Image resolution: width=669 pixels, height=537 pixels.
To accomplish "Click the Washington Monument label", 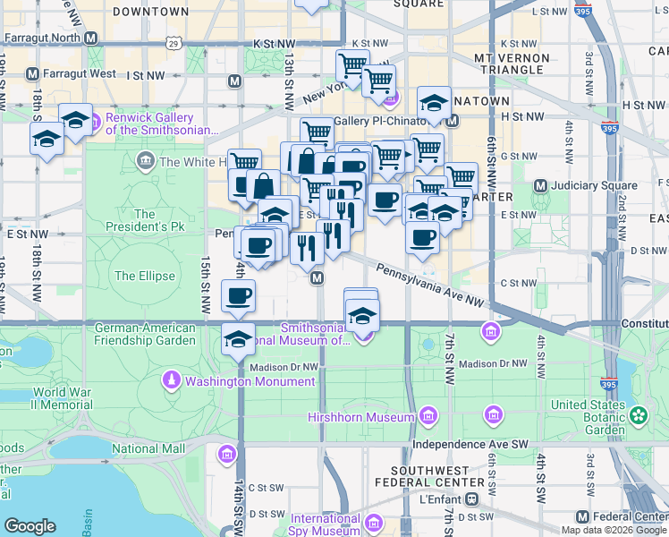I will click(x=250, y=381).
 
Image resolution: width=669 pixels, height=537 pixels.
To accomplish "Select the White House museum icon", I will click(x=145, y=162).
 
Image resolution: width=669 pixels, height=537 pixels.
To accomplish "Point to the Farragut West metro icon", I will click(x=33, y=73).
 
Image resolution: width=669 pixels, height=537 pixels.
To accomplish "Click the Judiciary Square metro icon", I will click(x=540, y=186).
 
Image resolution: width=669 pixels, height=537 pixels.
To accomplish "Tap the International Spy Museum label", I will click(x=325, y=524).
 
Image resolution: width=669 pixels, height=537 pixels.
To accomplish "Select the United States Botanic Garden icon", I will click(x=638, y=415).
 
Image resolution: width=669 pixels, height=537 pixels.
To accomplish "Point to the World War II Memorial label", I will click(x=62, y=398).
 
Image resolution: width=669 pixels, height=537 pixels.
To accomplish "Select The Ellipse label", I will click(x=144, y=276).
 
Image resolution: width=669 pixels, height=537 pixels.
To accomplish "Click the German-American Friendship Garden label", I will click(x=145, y=334).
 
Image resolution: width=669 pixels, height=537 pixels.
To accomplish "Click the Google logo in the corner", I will click(x=30, y=526).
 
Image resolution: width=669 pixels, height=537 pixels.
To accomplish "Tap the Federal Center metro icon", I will click(x=583, y=517).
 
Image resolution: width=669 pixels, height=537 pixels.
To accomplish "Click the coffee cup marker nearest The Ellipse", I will click(x=238, y=295).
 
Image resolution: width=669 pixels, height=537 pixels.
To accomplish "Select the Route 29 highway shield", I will click(x=174, y=42).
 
